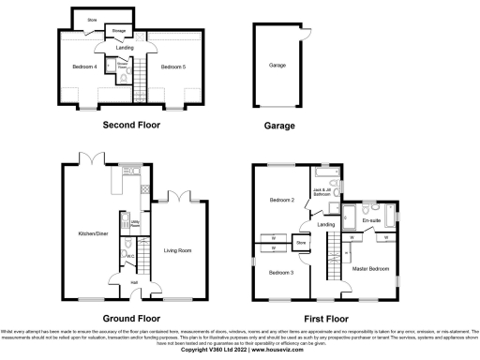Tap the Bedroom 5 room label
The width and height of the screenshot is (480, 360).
[172, 67]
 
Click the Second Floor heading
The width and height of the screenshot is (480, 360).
[128, 126]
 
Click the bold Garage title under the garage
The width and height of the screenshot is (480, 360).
[278, 126]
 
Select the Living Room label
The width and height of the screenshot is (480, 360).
[177, 250]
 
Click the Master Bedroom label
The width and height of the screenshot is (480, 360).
[370, 270]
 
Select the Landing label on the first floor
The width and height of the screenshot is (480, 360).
[326, 225]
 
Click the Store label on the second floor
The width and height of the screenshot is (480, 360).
[92, 20]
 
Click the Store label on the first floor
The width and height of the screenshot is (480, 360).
[301, 244]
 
